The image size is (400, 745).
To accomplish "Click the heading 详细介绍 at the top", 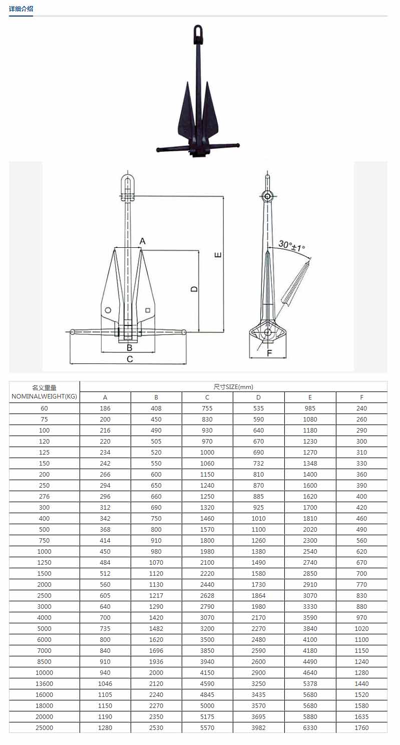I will click(x=21, y=9).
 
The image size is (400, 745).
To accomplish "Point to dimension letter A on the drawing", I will click(x=143, y=241).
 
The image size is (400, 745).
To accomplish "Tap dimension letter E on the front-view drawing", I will click(x=218, y=255).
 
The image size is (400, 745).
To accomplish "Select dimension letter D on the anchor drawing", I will click(x=194, y=289).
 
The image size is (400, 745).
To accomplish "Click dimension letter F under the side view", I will click(x=269, y=353).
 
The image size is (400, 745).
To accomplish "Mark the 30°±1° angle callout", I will click(x=292, y=246).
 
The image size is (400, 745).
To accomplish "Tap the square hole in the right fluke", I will click(x=148, y=310).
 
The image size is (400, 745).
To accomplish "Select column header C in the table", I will click(x=207, y=398).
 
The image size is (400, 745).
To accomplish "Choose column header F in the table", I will click(x=361, y=398).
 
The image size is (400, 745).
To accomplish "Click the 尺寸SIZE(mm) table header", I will click(x=233, y=387).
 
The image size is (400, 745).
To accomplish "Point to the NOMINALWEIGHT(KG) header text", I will click(x=45, y=397).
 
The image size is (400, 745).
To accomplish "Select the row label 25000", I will click(x=45, y=728).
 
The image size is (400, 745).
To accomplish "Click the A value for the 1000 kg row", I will click(x=105, y=552).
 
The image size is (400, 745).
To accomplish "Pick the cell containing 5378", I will click(x=310, y=684).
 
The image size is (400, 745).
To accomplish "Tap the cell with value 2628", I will click(x=207, y=596).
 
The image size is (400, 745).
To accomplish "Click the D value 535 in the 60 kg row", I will click(x=258, y=409).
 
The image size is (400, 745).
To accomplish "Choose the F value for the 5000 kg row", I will click(x=361, y=629).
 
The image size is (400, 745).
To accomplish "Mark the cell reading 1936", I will click(x=156, y=662).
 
